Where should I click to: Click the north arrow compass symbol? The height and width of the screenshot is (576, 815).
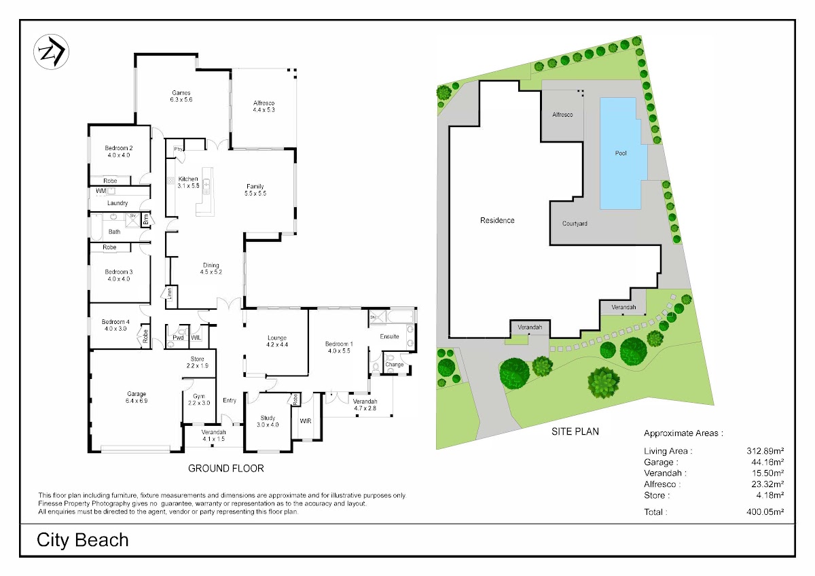tap(52, 52)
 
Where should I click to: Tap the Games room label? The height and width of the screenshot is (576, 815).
tap(181, 93)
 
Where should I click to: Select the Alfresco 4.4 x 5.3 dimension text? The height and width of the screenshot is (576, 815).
tap(264, 110)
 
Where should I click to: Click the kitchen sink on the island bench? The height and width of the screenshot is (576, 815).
tap(206, 185)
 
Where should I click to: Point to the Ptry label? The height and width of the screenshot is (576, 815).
tap(178, 149)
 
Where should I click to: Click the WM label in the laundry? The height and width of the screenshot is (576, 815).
tap(101, 191)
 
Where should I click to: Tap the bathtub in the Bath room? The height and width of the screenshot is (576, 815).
tap(96, 228)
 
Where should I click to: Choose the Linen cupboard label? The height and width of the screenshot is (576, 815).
tap(170, 293)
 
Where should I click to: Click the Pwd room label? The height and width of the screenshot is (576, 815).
tap(178, 338)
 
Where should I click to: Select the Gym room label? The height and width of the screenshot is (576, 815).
tap(199, 396)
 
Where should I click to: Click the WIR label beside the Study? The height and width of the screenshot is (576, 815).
tap(306, 421)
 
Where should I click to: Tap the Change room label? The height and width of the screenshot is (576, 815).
tap(395, 364)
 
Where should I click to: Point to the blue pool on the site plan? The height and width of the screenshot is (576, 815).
tap(623, 154)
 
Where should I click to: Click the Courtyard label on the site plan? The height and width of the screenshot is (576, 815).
tap(575, 223)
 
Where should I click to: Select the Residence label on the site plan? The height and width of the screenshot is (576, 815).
tap(497, 220)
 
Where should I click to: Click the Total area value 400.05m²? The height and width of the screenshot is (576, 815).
tap(765, 511)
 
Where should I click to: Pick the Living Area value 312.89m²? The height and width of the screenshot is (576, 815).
tap(765, 451)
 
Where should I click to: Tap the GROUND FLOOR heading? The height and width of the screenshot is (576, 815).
tap(226, 468)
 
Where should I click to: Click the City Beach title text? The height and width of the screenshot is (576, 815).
tap(83, 540)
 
